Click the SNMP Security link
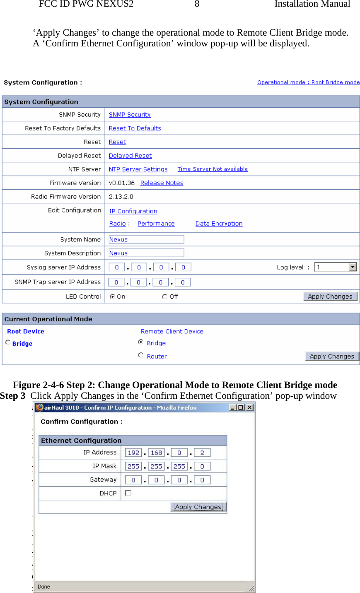pyautogui.click(x=130, y=115)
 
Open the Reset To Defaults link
pyautogui.click(x=135, y=128)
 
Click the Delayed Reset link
pyautogui.click(x=130, y=156)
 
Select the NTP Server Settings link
pyautogui.click(x=138, y=169)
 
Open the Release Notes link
pyautogui.click(x=162, y=183)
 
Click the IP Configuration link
pyautogui.click(x=133, y=211)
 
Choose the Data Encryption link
pyautogui.click(x=219, y=224)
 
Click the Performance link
pyautogui.click(x=156, y=224)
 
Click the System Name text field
pyautogui.click(x=146, y=239)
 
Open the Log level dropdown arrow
pyautogui.click(x=353, y=267)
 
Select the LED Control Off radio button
pyautogui.click(x=165, y=296)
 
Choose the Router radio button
pyautogui.click(x=141, y=355)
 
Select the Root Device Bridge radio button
pyautogui.click(x=8, y=342)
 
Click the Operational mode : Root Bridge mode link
pyautogui.click(x=308, y=82)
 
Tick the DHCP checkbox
pyautogui.click(x=128, y=493)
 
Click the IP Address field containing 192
pyautogui.click(x=133, y=453)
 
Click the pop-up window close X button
pyautogui.click(x=249, y=407)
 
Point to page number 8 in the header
pyautogui.click(x=197, y=4)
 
